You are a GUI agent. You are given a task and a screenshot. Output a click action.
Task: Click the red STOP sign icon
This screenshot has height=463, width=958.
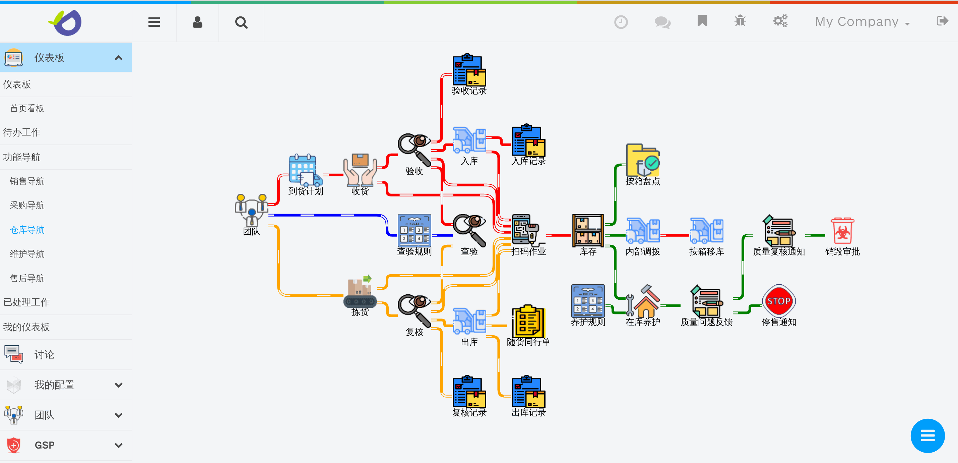[778, 301]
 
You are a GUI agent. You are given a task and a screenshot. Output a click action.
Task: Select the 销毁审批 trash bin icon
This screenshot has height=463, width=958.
[842, 231]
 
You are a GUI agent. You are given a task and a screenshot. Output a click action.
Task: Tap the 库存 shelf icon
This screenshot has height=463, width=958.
[588, 231]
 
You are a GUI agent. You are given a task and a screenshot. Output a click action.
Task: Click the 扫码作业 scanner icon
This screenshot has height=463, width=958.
[525, 230]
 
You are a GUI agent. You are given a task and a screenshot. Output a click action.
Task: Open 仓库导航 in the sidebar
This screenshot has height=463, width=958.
[27, 230]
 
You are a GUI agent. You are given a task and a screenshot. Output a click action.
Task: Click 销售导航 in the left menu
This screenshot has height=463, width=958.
[27, 181]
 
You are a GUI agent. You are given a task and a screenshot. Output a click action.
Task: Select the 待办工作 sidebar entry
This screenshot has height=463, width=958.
[21, 132]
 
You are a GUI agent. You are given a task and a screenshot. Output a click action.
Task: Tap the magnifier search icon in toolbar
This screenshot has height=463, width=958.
[241, 23]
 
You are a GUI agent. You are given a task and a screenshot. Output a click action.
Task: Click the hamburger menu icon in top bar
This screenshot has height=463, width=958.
[154, 22]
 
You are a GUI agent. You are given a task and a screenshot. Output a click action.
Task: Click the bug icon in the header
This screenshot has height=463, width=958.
[740, 21]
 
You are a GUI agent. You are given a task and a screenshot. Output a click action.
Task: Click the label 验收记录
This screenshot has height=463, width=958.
[469, 91]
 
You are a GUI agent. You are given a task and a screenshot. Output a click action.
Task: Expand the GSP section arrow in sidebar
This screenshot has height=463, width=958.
[119, 445]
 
